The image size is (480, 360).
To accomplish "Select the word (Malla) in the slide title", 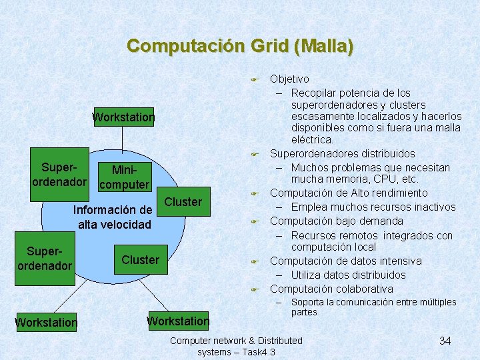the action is point(326,46).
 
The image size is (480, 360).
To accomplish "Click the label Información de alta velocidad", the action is point(115,217).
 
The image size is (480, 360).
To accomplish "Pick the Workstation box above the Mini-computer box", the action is point(123,117).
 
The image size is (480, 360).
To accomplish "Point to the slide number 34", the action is point(445,341).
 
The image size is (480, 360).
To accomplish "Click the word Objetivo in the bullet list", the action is point(289,79).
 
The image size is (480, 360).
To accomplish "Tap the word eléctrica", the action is point(312,140).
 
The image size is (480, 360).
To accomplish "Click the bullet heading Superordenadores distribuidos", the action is point(342,154).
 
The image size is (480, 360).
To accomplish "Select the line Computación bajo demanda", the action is point(336,221).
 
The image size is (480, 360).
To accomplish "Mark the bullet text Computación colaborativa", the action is point(331,289).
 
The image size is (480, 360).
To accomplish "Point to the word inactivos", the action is point(432,207).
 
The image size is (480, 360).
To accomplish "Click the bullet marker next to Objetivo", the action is point(254,80).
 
